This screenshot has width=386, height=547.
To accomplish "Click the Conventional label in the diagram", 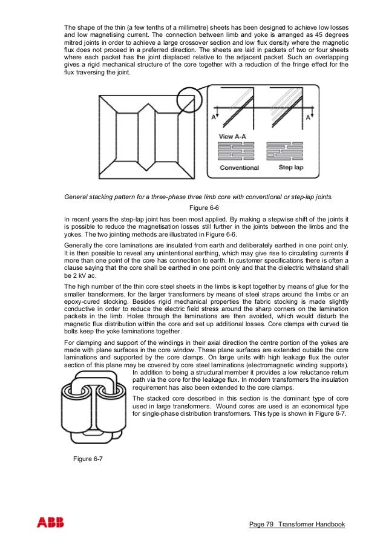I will click(x=239, y=167).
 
